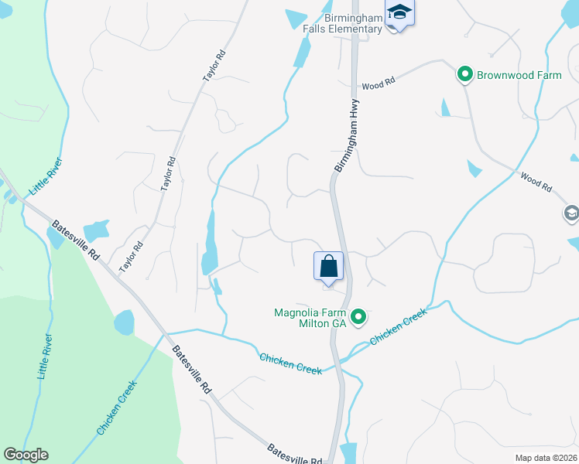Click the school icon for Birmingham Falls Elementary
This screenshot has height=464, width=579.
point(400,13)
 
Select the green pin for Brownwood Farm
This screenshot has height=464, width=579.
point(465,75)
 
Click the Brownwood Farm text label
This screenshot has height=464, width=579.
point(519,75)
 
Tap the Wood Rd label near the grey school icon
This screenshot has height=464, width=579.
point(536,182)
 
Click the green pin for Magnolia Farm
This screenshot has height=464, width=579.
point(358,316)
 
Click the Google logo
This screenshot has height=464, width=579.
point(26,455)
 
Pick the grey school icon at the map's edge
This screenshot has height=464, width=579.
point(571,213)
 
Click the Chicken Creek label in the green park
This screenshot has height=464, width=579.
point(117,407)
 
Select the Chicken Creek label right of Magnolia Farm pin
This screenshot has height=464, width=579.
point(399,326)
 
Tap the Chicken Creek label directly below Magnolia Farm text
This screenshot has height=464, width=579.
point(290,363)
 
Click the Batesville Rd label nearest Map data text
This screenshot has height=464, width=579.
point(294,454)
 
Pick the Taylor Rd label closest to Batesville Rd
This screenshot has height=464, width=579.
point(132,257)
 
